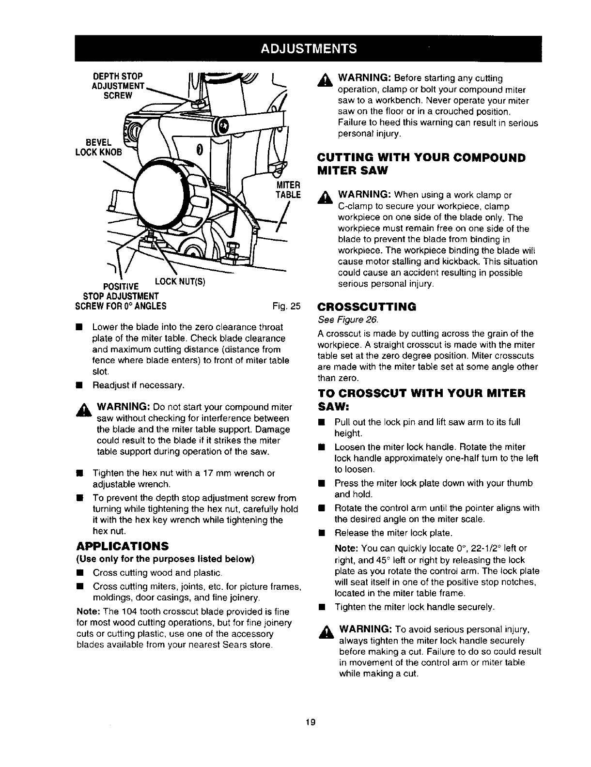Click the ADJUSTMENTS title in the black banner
tap(309, 48)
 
